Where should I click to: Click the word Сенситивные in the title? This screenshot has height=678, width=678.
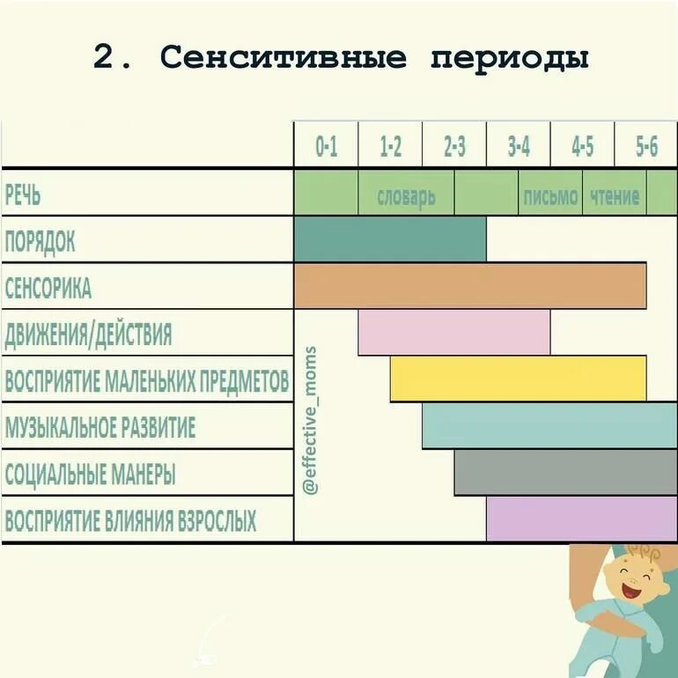[284, 58]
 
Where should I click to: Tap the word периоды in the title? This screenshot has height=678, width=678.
[510, 59]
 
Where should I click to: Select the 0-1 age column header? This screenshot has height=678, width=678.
[326, 146]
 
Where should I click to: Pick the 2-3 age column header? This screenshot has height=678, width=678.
[454, 146]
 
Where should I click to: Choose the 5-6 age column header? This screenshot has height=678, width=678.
[646, 146]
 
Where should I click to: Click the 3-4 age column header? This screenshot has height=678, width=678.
[519, 146]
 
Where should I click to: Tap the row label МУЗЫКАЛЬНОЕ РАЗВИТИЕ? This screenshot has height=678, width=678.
[99, 428]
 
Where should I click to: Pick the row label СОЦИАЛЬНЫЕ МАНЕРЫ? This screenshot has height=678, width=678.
[90, 475]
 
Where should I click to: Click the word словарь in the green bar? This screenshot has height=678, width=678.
[406, 195]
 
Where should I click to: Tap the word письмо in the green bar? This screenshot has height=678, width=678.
[550, 195]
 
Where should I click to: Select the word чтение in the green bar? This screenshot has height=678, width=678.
[615, 195]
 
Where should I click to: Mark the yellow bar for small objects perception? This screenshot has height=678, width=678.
[518, 380]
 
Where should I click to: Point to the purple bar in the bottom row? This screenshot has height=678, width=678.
[581, 520]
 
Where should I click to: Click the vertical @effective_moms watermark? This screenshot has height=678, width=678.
[310, 420]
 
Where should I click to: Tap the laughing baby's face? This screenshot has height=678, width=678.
[636, 581]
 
